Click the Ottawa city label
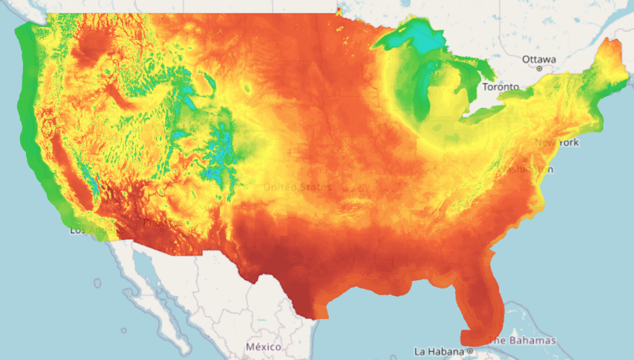point(539,59)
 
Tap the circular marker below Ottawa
point(539,68)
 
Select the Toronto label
point(500,87)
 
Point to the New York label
point(557,143)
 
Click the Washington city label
point(525,169)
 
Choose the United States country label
point(297,187)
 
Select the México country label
point(263,346)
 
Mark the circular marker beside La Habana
point(471,351)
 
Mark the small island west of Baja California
point(97,283)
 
